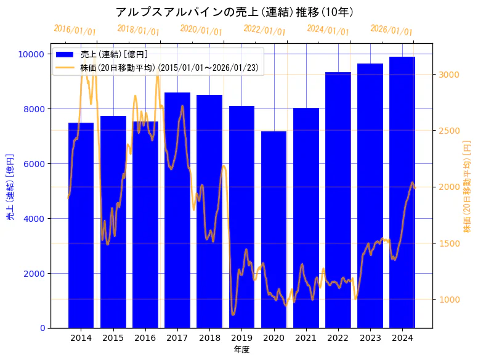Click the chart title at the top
[234, 12]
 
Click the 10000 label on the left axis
[30, 54]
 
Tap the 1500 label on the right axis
[449, 243]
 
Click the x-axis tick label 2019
[241, 338]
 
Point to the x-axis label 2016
[145, 338]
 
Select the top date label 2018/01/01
[138, 30]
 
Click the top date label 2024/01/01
[328, 30]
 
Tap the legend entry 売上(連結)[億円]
[114, 55]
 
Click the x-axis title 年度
[241, 350]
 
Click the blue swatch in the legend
[65, 55]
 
